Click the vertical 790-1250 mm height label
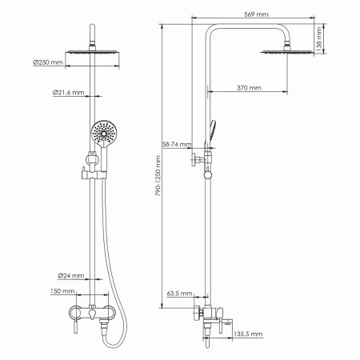pyautogui.click(x=158, y=188)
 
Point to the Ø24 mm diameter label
pyautogui.click(x=73, y=276)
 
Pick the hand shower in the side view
pyautogui.click(x=211, y=132)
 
